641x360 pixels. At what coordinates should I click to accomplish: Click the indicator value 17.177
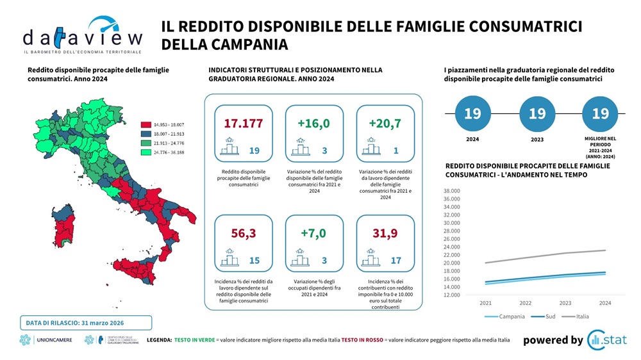[243, 124]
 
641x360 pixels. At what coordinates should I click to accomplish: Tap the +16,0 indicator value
[313, 124]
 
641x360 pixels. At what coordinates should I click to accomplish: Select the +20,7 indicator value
[385, 124]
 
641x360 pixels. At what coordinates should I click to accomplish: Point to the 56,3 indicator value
[243, 234]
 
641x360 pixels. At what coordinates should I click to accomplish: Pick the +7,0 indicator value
[313, 234]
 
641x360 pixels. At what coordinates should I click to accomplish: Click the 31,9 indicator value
[385, 234]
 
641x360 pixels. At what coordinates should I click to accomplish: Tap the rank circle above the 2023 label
[537, 114]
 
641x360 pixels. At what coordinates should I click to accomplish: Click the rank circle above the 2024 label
[472, 114]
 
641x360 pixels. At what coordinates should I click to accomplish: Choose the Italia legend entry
[580, 316]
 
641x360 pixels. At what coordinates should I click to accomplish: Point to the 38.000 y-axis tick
[453, 191]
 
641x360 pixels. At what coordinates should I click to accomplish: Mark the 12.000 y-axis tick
[453, 295]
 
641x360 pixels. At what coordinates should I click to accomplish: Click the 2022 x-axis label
[526, 303]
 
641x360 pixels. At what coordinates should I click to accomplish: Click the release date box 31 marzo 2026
[88, 322]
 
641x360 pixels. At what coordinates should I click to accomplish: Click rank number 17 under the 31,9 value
[396, 261]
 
